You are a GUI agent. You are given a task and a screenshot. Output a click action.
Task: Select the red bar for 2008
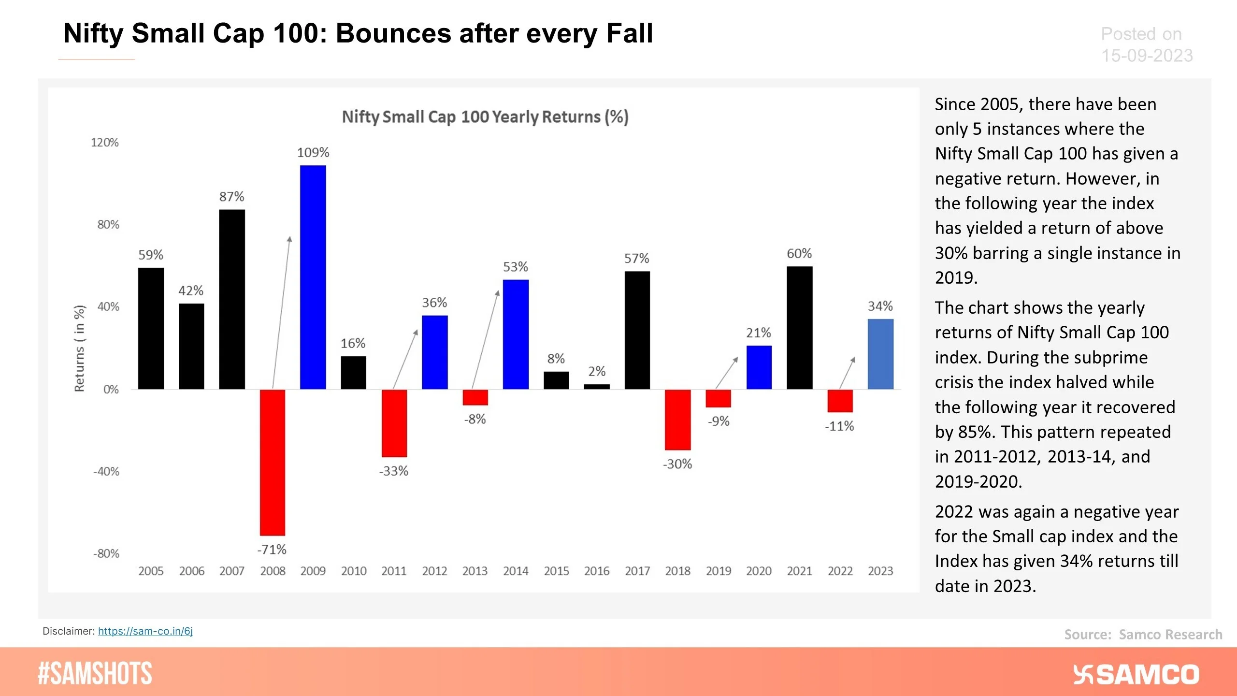pyautogui.click(x=272, y=462)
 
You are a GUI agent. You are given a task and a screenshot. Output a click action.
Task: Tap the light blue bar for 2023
pyautogui.click(x=880, y=354)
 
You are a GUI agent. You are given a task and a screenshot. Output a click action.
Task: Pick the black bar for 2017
pyautogui.click(x=637, y=330)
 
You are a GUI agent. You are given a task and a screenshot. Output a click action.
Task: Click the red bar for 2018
pyautogui.click(x=677, y=420)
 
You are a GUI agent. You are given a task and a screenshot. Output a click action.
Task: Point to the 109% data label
pyautogui.click(x=313, y=153)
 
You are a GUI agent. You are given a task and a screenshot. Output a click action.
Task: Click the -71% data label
pyautogui.click(x=272, y=550)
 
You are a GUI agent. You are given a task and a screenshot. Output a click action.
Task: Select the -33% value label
pyautogui.click(x=393, y=471)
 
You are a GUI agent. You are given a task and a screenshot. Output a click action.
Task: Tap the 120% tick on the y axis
pyautogui.click(x=104, y=143)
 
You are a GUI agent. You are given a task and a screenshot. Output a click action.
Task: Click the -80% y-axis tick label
pyautogui.click(x=106, y=553)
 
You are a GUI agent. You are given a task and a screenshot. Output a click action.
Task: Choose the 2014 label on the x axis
pyautogui.click(x=516, y=571)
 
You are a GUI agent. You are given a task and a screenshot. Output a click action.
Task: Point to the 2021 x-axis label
pyautogui.click(x=799, y=571)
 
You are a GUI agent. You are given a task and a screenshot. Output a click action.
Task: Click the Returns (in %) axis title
pyautogui.click(x=79, y=348)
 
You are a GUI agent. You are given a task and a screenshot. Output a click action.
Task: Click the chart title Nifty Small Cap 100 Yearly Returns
pyautogui.click(x=485, y=117)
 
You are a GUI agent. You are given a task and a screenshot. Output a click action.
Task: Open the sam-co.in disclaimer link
pyautogui.click(x=145, y=631)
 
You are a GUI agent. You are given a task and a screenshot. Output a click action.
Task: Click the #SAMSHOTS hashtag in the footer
pyautogui.click(x=95, y=673)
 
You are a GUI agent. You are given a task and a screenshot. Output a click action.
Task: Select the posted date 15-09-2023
pyautogui.click(x=1147, y=56)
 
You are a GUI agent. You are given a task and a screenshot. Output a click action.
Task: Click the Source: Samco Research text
pyautogui.click(x=1143, y=635)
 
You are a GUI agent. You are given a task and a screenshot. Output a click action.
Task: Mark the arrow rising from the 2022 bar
pyautogui.click(x=847, y=373)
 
